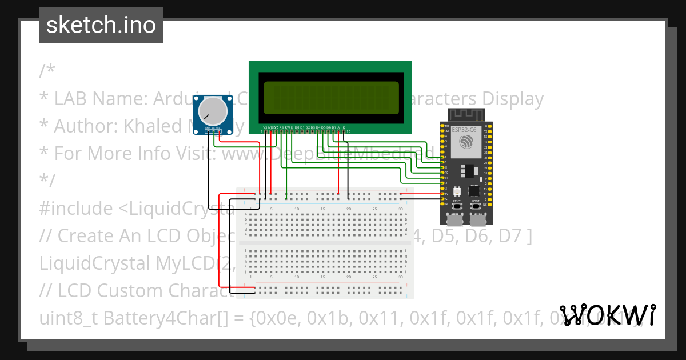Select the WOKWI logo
607,315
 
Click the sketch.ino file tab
101,25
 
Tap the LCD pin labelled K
344,131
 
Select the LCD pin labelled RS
281,131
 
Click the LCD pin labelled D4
317,131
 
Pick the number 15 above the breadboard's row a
323,209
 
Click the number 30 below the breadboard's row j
400,277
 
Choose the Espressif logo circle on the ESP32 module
465,142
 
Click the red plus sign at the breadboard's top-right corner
406,190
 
